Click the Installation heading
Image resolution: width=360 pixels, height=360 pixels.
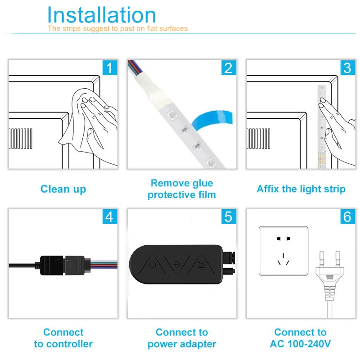point(102,15)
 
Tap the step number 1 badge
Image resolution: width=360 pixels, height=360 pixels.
point(110,68)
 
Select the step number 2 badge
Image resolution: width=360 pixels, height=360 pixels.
point(229,68)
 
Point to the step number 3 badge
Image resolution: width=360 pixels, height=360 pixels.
point(347,68)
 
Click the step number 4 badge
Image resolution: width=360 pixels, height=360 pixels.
point(110,216)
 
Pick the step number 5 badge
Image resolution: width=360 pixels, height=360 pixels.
point(229,216)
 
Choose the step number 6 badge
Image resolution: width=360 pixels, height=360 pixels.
point(347,216)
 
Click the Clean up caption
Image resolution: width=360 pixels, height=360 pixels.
point(63,189)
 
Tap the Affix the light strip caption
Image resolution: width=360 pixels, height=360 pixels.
point(301,189)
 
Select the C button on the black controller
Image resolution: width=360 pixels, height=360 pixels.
point(153,265)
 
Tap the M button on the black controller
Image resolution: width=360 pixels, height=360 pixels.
point(202,265)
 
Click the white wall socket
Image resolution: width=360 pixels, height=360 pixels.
point(283,251)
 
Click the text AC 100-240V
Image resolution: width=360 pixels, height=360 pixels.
point(300,344)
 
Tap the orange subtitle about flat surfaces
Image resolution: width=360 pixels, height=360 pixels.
point(117,28)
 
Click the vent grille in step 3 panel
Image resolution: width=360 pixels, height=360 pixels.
point(258,139)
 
